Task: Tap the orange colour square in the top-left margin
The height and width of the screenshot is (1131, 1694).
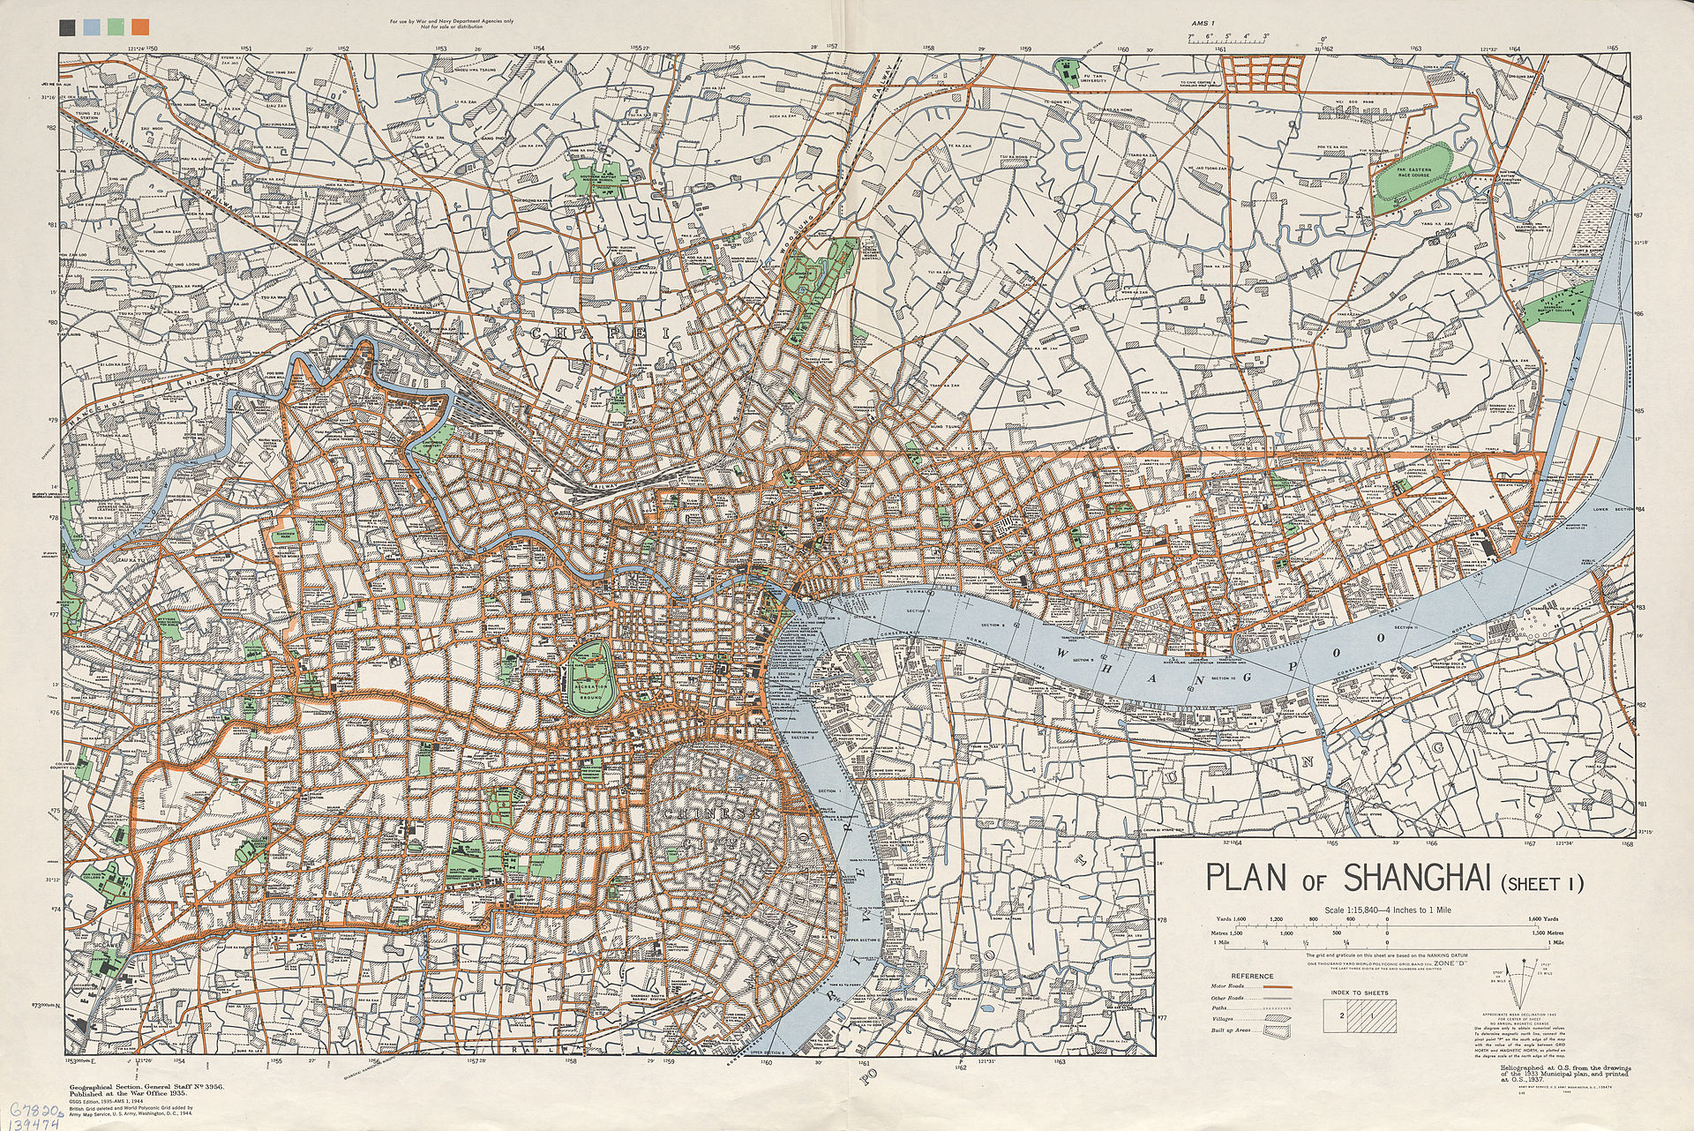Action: pos(140,27)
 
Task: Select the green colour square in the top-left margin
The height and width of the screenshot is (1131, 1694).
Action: pos(116,27)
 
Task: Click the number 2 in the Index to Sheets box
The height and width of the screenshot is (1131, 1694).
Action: pos(1342,1015)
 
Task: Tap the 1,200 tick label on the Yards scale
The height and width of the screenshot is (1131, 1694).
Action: pos(1276,918)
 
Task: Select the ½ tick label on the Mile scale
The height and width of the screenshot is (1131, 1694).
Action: pos(1317,943)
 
